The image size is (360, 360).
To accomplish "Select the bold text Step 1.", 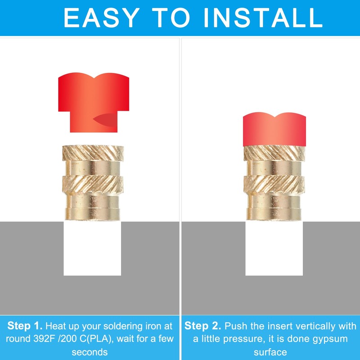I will (x=25, y=326).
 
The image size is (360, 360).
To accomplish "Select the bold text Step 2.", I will (x=203, y=326).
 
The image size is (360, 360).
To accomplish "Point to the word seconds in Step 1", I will (x=90, y=352).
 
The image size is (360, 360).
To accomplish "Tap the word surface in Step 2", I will (x=270, y=352).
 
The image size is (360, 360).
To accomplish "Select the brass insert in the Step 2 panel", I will (x=274, y=182).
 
